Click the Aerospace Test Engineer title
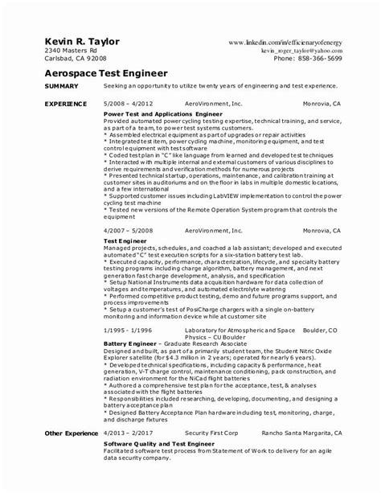coord(101,72)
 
